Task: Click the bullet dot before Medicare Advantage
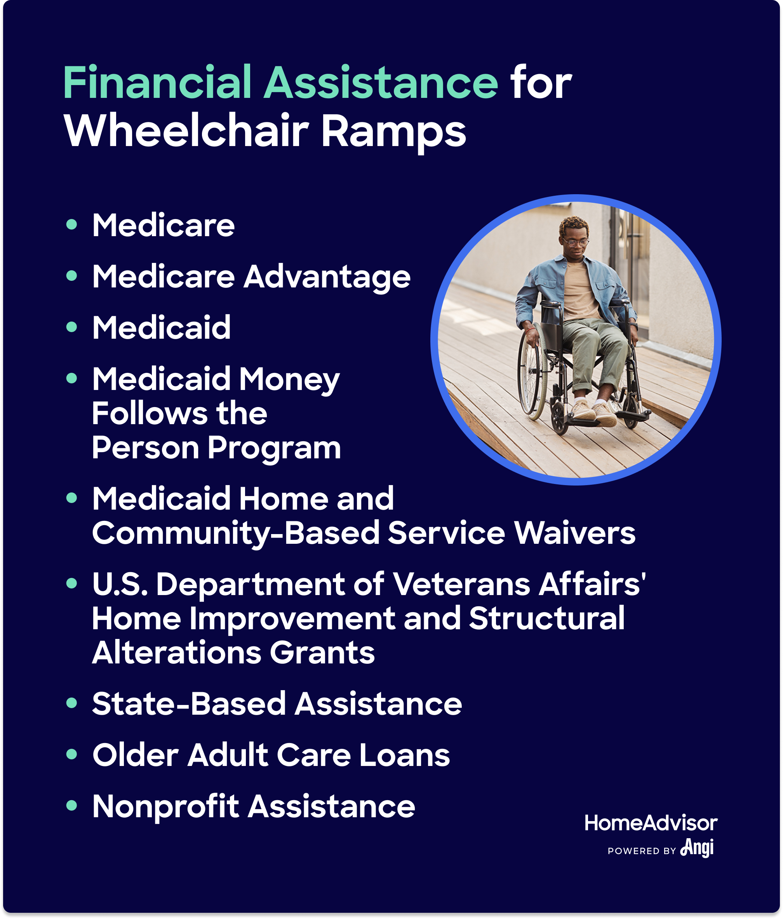[x=71, y=275]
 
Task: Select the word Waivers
[x=575, y=532]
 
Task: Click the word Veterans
[x=462, y=584]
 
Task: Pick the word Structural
[x=546, y=618]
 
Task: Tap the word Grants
[x=322, y=653]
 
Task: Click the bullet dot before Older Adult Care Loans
[x=71, y=754]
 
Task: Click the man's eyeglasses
[x=575, y=242]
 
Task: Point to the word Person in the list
[x=146, y=447]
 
